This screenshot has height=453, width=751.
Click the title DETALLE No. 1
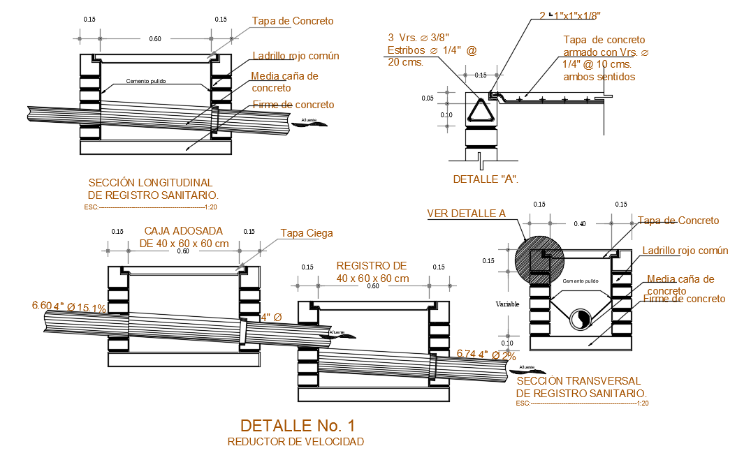[x=298, y=425]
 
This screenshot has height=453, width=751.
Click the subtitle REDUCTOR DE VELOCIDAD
[x=296, y=442]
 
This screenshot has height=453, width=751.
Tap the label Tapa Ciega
[x=307, y=233]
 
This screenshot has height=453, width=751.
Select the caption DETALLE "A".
[x=486, y=179]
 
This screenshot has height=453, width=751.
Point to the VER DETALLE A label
[x=466, y=214]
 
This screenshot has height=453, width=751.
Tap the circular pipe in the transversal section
[x=579, y=319]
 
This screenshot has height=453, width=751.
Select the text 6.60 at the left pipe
[x=41, y=305]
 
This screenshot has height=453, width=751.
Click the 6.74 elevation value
[x=465, y=354]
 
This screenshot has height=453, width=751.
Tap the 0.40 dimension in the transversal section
[x=580, y=223]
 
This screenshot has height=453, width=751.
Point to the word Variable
[x=507, y=304]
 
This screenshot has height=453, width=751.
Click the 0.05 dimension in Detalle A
[x=428, y=98]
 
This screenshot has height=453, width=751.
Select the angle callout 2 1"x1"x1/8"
[x=570, y=15]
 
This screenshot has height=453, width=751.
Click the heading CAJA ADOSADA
[x=183, y=231]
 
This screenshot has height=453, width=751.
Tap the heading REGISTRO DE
[x=371, y=266]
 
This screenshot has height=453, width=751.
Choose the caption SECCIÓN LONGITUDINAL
[x=151, y=183]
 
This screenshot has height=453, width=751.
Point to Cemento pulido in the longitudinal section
[x=145, y=81]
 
